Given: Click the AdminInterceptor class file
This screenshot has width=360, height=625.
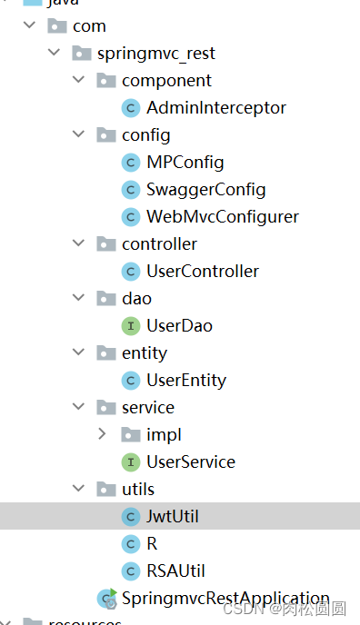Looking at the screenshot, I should [x=216, y=108].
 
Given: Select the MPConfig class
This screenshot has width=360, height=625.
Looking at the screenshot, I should [x=185, y=163].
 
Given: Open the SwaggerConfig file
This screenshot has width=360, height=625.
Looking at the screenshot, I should [x=205, y=190].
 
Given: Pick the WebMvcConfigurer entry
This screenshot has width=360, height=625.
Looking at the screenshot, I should [x=223, y=217].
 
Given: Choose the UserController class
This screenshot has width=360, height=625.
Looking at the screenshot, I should [x=203, y=272].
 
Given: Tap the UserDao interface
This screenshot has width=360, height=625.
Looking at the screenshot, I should [x=179, y=326].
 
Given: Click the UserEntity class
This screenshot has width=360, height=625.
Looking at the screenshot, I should [x=186, y=381].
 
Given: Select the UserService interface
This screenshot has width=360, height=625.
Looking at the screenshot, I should [x=191, y=462].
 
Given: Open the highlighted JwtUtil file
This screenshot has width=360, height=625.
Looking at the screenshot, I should [x=173, y=517].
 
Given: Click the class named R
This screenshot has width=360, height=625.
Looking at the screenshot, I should [x=152, y=544].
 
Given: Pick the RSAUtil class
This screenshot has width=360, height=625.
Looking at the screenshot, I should [x=175, y=571].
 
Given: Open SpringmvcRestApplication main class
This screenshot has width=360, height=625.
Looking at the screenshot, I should [x=225, y=599].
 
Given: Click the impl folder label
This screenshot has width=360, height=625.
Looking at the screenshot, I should [x=164, y=435].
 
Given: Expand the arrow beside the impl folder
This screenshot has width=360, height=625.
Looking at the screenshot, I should [x=102, y=435].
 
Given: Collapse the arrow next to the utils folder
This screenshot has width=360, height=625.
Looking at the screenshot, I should [x=77, y=490].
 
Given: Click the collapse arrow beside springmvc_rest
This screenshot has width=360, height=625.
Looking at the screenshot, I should [x=53, y=54].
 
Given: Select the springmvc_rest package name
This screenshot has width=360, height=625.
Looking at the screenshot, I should [x=155, y=54].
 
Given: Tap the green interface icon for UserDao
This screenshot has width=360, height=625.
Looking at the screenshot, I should [x=130, y=326].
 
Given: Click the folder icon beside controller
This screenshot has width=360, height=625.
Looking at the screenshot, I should [x=105, y=244].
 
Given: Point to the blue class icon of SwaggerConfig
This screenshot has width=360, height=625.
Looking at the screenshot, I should [x=130, y=190].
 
